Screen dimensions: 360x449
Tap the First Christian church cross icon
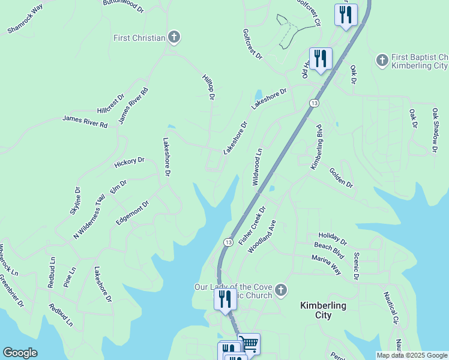[x=174, y=38]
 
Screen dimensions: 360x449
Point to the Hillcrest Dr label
[x=110, y=104]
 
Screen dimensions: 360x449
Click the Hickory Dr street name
[x=130, y=162]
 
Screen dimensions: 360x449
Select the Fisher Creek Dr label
[x=252, y=226]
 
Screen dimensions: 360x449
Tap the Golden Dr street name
[x=341, y=177]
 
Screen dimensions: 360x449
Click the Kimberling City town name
[x=323, y=310]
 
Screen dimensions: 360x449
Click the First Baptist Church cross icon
[x=382, y=60]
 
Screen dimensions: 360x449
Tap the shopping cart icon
[x=249, y=344]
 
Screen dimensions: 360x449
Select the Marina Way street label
[x=326, y=265]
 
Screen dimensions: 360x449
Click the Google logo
[x=20, y=353]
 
